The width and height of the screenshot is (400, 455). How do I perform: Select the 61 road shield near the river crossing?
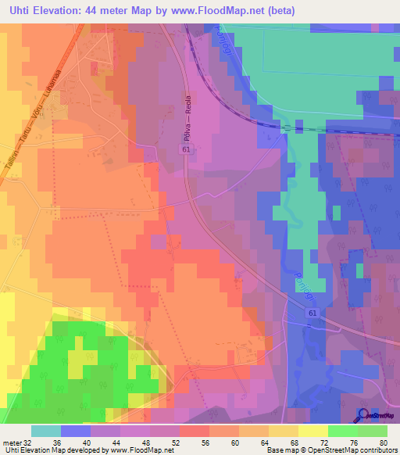coord(312,313)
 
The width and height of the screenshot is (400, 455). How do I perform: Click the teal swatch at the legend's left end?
coord(46,431)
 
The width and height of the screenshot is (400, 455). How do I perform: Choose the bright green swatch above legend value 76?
coord(343,431)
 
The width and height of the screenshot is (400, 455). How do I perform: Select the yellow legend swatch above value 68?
coord(284,431)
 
